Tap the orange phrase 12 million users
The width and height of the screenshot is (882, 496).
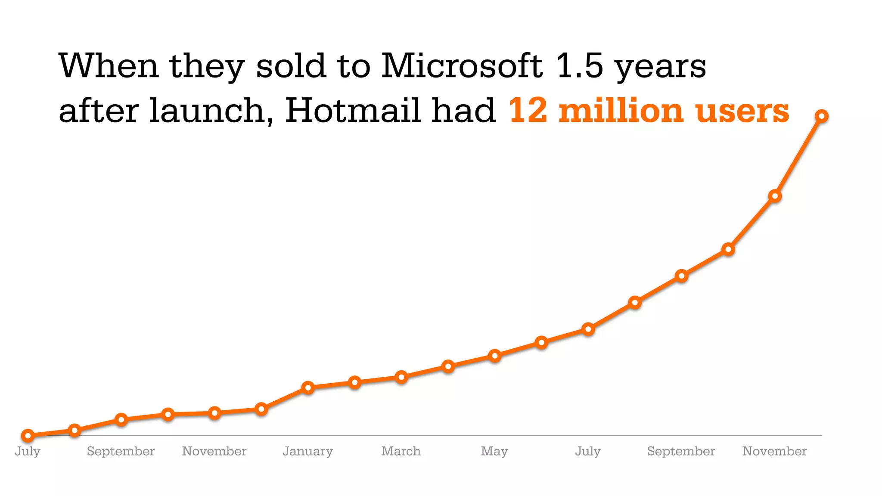[x=649, y=111]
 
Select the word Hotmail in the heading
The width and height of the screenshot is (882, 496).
[x=353, y=111]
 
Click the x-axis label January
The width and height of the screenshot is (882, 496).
[x=307, y=451]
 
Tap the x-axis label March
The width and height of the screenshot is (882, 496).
[x=401, y=451]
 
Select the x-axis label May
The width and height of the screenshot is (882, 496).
[x=494, y=451]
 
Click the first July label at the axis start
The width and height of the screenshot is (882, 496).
[x=28, y=451]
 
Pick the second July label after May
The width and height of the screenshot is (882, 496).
[x=588, y=451]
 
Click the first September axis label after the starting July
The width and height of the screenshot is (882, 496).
[x=121, y=451]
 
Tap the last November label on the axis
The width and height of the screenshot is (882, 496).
[x=774, y=451]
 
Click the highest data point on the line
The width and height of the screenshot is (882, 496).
[x=822, y=116]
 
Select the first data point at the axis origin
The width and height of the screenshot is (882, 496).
[x=28, y=436]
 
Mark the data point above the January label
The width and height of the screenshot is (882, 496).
[x=308, y=387]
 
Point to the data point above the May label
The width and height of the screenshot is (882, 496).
[x=495, y=356]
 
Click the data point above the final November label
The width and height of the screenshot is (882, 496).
[x=775, y=196]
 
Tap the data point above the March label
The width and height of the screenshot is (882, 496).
[x=401, y=377]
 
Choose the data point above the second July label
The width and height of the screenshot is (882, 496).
[x=588, y=329]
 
